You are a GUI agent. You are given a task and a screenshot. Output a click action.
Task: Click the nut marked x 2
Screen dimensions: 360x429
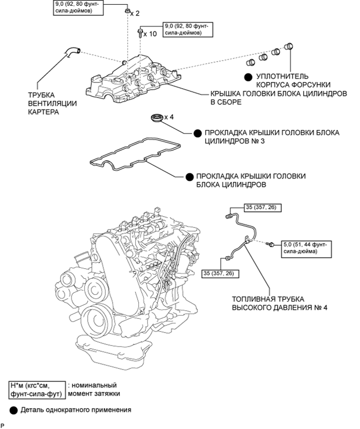tap(127, 11)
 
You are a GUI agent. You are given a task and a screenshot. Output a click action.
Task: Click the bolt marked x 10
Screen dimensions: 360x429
tap(140, 33)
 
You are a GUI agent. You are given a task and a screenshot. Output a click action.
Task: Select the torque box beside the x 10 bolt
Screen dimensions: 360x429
tap(188, 30)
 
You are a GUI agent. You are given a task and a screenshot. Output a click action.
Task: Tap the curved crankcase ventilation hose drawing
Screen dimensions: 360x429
tap(72, 52)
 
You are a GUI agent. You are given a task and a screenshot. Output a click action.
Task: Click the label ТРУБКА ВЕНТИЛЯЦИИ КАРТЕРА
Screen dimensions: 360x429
tap(52, 103)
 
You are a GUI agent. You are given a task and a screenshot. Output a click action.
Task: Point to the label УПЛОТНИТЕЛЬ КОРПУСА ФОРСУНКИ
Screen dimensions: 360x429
tap(293, 80)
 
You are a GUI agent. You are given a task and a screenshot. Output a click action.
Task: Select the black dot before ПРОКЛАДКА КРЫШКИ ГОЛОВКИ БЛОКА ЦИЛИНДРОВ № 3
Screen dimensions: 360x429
tap(198, 133)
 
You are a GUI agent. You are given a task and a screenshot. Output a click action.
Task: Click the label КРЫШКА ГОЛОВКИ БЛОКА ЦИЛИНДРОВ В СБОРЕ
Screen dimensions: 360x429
tap(279, 98)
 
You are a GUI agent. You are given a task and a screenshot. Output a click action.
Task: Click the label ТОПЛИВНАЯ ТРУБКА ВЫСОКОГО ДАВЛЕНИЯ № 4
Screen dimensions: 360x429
tap(280, 303)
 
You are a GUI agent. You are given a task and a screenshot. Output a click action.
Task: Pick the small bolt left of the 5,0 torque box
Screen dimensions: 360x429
tap(271, 244)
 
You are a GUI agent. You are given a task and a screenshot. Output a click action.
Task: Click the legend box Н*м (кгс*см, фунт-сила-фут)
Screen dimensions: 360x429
tap(38, 390)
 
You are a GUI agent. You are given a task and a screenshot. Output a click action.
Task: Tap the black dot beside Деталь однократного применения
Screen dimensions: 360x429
tap(14, 410)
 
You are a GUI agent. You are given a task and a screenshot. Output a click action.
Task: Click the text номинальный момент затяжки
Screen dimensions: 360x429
tap(94, 389)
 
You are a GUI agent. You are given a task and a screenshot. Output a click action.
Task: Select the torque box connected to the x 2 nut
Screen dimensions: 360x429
tap(78, 8)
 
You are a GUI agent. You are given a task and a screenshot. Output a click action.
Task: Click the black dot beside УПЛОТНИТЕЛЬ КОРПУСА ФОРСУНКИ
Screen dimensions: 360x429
tap(248, 77)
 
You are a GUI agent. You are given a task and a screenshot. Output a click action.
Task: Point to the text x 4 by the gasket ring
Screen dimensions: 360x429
tap(169, 117)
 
